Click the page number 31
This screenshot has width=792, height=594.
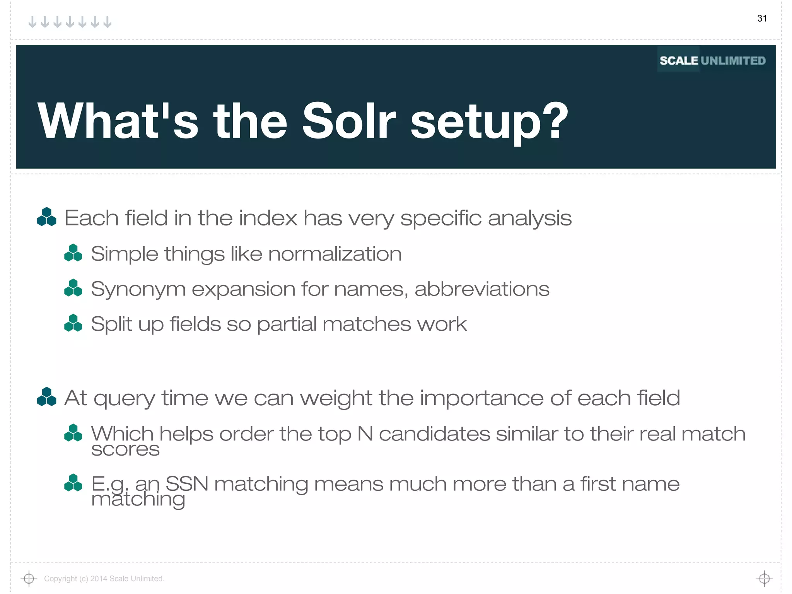coord(762,18)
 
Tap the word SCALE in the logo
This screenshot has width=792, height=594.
coord(679,61)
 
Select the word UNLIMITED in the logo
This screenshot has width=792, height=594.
coord(733,61)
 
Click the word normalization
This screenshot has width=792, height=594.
coord(335,254)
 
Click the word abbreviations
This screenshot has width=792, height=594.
coord(482,289)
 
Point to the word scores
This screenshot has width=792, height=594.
coord(125,449)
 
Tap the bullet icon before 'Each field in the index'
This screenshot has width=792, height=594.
coord(46,217)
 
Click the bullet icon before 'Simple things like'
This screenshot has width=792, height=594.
coord(73,253)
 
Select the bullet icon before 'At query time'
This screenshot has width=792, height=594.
coord(46,397)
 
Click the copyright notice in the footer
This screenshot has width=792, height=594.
coord(104,579)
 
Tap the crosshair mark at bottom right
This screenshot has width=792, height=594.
coord(764,579)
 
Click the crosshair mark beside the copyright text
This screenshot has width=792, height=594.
coord(29,579)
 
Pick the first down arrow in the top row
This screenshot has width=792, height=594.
coord(33,22)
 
